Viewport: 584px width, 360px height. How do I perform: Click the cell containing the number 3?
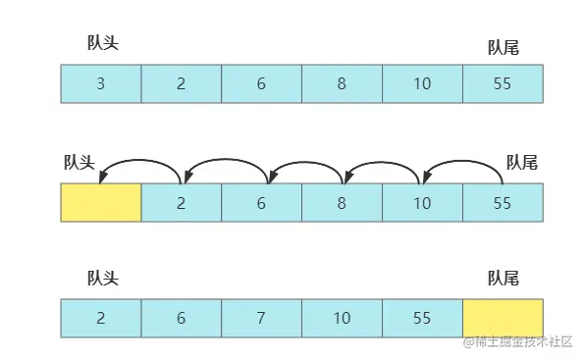[x=101, y=83]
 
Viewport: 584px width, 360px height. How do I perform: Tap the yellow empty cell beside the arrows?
[x=101, y=202]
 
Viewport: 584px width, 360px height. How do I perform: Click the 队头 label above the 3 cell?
[x=103, y=42]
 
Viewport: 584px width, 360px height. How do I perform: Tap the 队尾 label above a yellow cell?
[x=503, y=279]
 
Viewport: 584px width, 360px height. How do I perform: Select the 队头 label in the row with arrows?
[x=79, y=162]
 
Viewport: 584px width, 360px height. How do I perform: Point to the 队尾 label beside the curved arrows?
[x=521, y=162]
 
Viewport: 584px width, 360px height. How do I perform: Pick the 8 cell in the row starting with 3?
[x=342, y=83]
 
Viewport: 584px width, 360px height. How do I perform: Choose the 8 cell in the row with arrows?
[x=342, y=202]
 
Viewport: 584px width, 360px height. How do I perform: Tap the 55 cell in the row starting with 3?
[x=502, y=83]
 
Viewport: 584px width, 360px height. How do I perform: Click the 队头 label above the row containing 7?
[x=103, y=279]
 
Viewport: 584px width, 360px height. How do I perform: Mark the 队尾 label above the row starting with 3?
[x=503, y=47]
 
